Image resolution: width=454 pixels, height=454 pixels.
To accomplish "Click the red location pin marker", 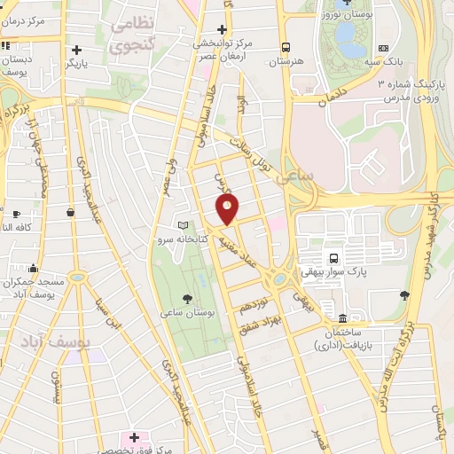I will coord(228,209).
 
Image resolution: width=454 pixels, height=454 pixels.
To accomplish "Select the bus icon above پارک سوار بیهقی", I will coord(333,258).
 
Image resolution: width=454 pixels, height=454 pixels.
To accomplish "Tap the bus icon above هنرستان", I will coord(286,48).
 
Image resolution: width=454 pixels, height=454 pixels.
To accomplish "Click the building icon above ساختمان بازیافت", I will coord(342,318).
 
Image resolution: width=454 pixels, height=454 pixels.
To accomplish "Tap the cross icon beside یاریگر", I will coord(78,50).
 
